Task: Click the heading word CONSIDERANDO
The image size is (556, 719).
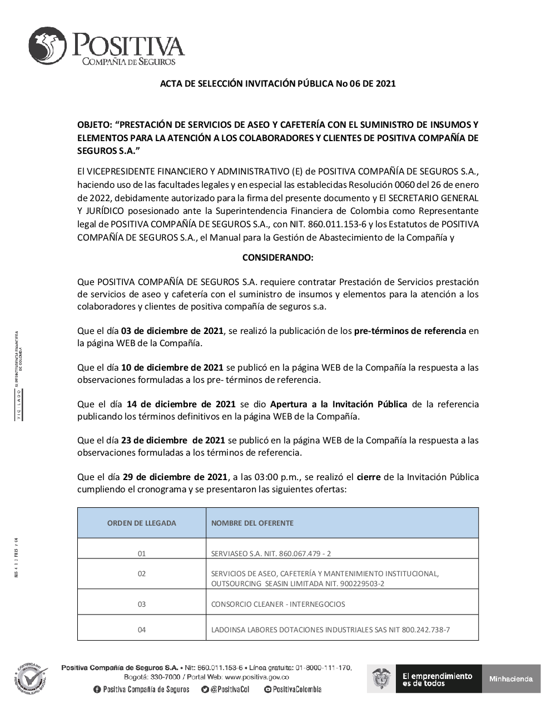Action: (277, 258)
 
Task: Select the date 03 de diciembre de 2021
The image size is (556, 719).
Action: (172, 331)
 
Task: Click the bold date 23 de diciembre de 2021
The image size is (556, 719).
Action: (173, 441)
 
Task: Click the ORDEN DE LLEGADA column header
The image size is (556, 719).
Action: (141, 523)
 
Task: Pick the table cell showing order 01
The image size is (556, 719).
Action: (141, 553)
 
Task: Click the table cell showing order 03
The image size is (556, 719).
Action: (141, 604)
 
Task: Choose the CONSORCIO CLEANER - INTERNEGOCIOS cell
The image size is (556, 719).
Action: (278, 604)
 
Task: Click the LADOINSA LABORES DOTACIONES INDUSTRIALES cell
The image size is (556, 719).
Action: (330, 630)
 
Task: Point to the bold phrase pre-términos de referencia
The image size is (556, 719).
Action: (410, 331)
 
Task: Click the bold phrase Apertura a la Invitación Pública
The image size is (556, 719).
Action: (339, 405)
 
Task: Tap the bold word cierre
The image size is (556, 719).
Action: (369, 477)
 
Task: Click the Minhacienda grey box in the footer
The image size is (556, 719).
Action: (511, 678)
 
